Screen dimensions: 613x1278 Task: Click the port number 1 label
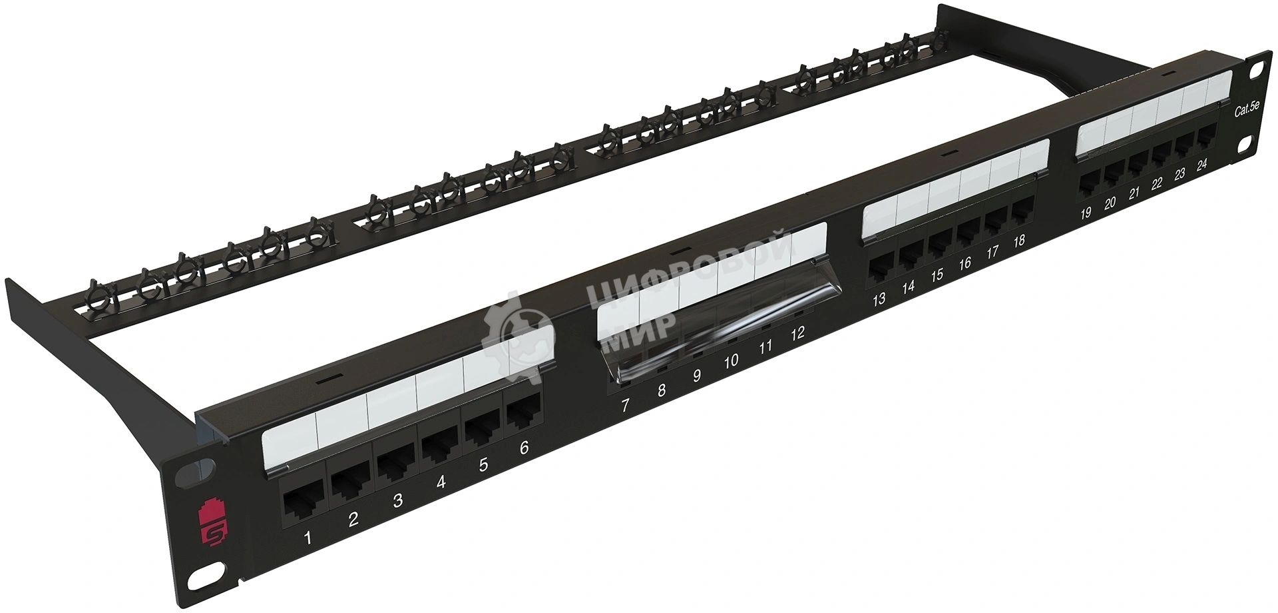(x=308, y=538)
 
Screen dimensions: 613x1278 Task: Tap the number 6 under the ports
(x=524, y=448)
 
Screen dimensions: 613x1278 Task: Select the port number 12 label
(x=797, y=333)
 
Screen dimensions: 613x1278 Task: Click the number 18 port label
(x=1018, y=241)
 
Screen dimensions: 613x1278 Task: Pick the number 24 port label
(x=1201, y=166)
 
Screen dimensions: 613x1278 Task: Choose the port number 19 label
(x=1086, y=213)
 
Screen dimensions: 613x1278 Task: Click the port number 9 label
(x=697, y=376)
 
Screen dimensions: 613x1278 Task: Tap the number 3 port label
(x=397, y=500)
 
